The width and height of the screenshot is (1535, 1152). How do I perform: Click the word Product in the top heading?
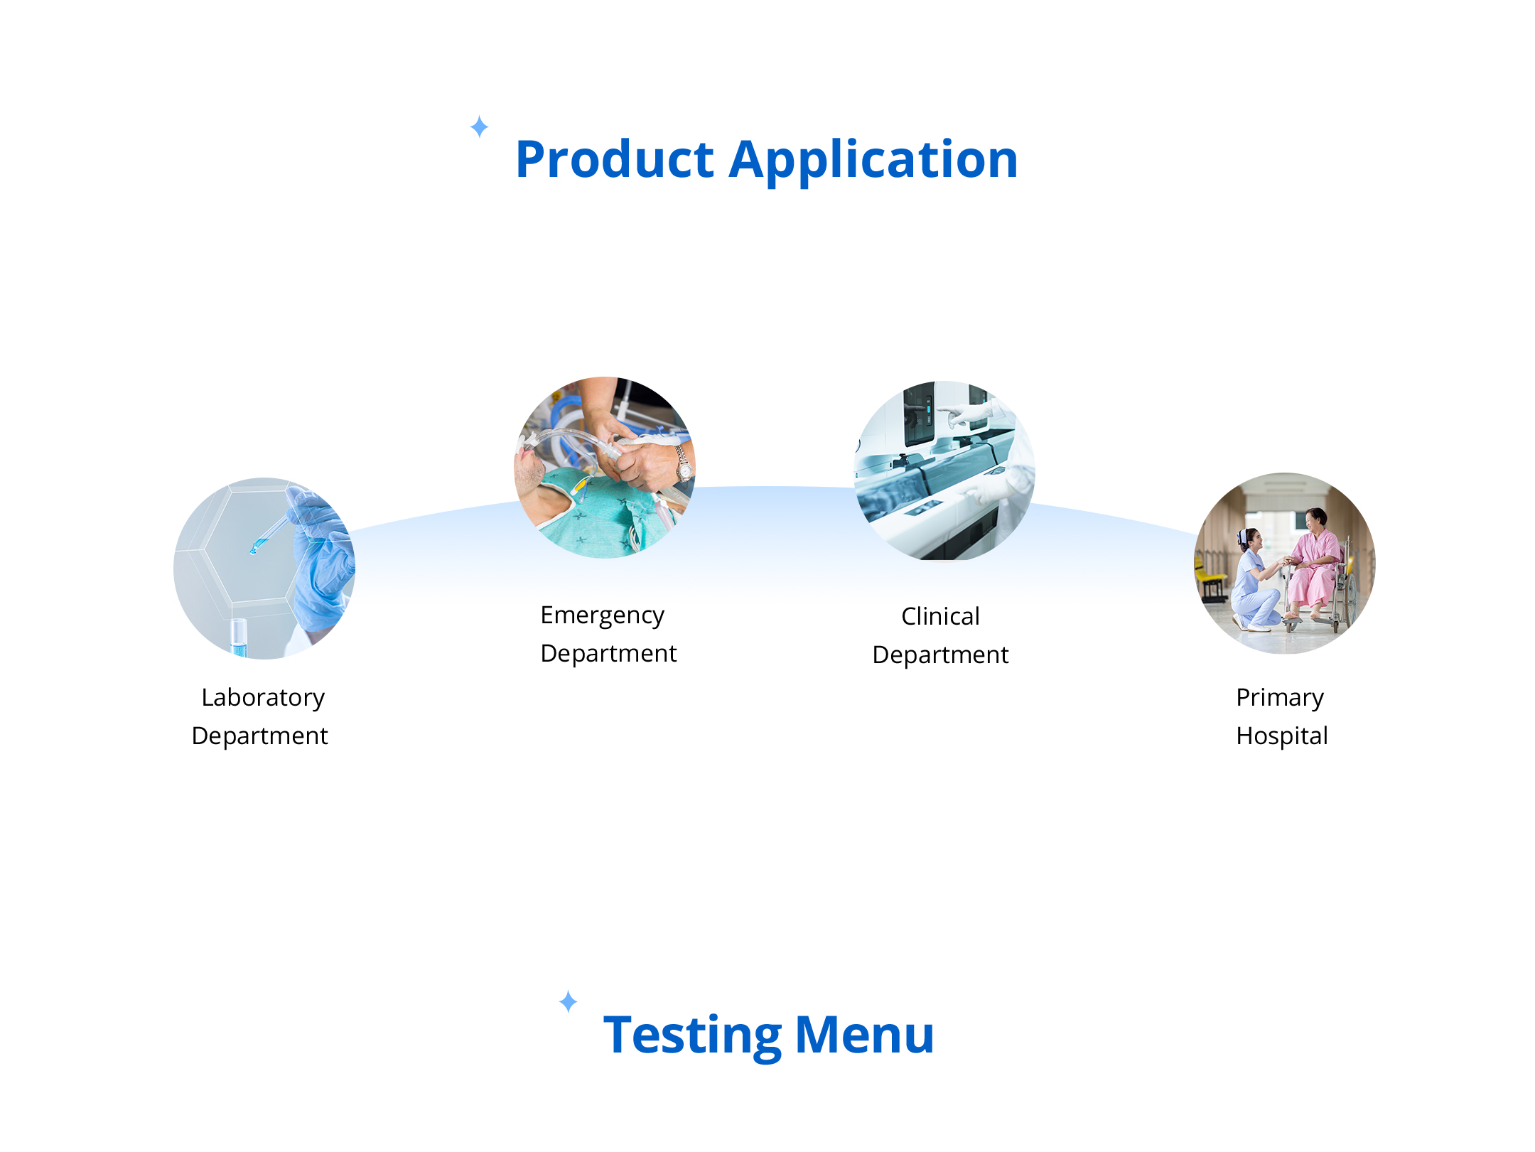[x=615, y=159]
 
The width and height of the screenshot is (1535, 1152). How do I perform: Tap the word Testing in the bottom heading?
[x=692, y=1036]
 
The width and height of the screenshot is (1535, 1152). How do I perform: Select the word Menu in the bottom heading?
[x=865, y=1035]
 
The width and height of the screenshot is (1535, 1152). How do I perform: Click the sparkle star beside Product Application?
[x=480, y=126]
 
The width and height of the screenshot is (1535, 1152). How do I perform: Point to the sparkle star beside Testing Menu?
[x=569, y=1001]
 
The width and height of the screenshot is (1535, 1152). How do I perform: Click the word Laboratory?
[x=263, y=698]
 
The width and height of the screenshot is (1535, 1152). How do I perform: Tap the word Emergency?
[x=603, y=615]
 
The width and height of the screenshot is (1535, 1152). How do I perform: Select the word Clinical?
[x=940, y=616]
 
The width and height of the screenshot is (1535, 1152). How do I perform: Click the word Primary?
[x=1280, y=698]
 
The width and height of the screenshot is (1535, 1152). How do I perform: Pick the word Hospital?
[x=1282, y=736]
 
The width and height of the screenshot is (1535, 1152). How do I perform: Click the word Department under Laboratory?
[x=260, y=736]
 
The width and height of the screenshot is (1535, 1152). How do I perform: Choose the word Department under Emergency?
[x=609, y=654]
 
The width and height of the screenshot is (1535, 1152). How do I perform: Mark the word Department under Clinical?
[x=940, y=655]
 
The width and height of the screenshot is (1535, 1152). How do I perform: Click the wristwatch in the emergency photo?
[x=684, y=464]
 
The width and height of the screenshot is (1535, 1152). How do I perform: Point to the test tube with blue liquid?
[x=239, y=637]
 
